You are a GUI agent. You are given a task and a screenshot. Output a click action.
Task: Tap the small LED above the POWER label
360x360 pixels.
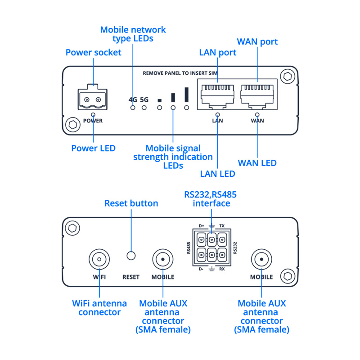click(x=94, y=115)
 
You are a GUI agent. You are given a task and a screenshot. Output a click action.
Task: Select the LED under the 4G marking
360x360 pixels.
click(x=133, y=108)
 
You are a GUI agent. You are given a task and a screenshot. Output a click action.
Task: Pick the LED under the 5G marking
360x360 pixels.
click(x=144, y=108)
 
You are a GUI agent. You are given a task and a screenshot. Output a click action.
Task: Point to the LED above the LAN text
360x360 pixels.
click(x=218, y=115)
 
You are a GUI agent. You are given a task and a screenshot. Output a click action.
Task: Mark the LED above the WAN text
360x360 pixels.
click(x=258, y=115)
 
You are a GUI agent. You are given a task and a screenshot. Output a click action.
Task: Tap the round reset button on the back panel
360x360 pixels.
click(x=131, y=256)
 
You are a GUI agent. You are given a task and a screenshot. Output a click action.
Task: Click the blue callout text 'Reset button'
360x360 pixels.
click(x=131, y=203)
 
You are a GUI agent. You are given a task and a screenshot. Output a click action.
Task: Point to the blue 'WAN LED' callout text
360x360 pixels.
click(x=257, y=163)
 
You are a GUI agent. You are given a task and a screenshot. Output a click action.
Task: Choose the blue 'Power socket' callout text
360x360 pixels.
click(x=94, y=53)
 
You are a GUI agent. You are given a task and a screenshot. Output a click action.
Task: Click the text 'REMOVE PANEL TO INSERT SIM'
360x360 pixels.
click(x=180, y=73)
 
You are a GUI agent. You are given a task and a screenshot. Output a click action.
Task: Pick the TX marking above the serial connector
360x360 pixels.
click(x=222, y=225)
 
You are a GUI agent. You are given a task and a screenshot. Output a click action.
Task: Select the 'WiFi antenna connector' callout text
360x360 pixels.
click(x=99, y=308)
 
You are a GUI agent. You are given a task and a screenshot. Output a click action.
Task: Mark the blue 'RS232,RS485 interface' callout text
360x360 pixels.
click(x=210, y=199)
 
